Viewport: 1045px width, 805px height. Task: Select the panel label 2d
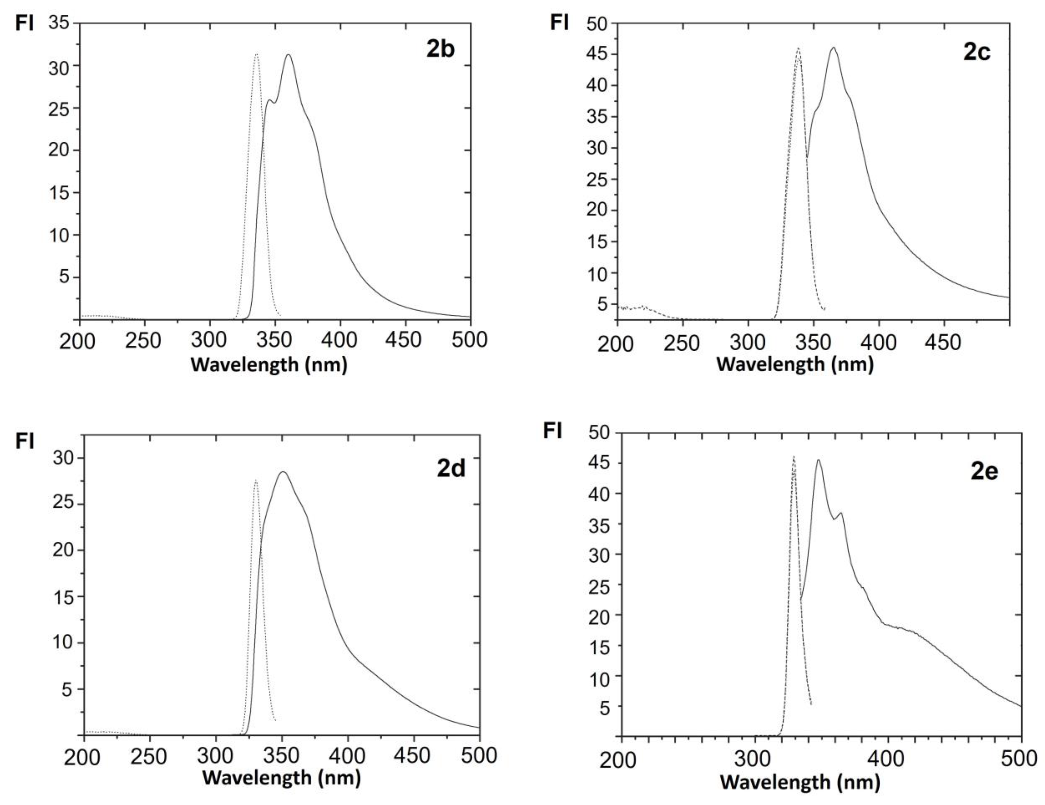[451, 468]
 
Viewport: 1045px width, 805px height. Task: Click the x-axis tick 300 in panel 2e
[755, 759]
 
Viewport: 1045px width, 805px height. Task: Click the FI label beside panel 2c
[559, 22]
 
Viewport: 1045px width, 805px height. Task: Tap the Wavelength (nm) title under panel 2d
[281, 778]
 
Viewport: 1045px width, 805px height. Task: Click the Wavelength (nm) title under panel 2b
[269, 365]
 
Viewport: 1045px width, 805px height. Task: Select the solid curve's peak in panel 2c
[833, 47]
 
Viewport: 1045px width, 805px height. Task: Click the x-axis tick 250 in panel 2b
[143, 340]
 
